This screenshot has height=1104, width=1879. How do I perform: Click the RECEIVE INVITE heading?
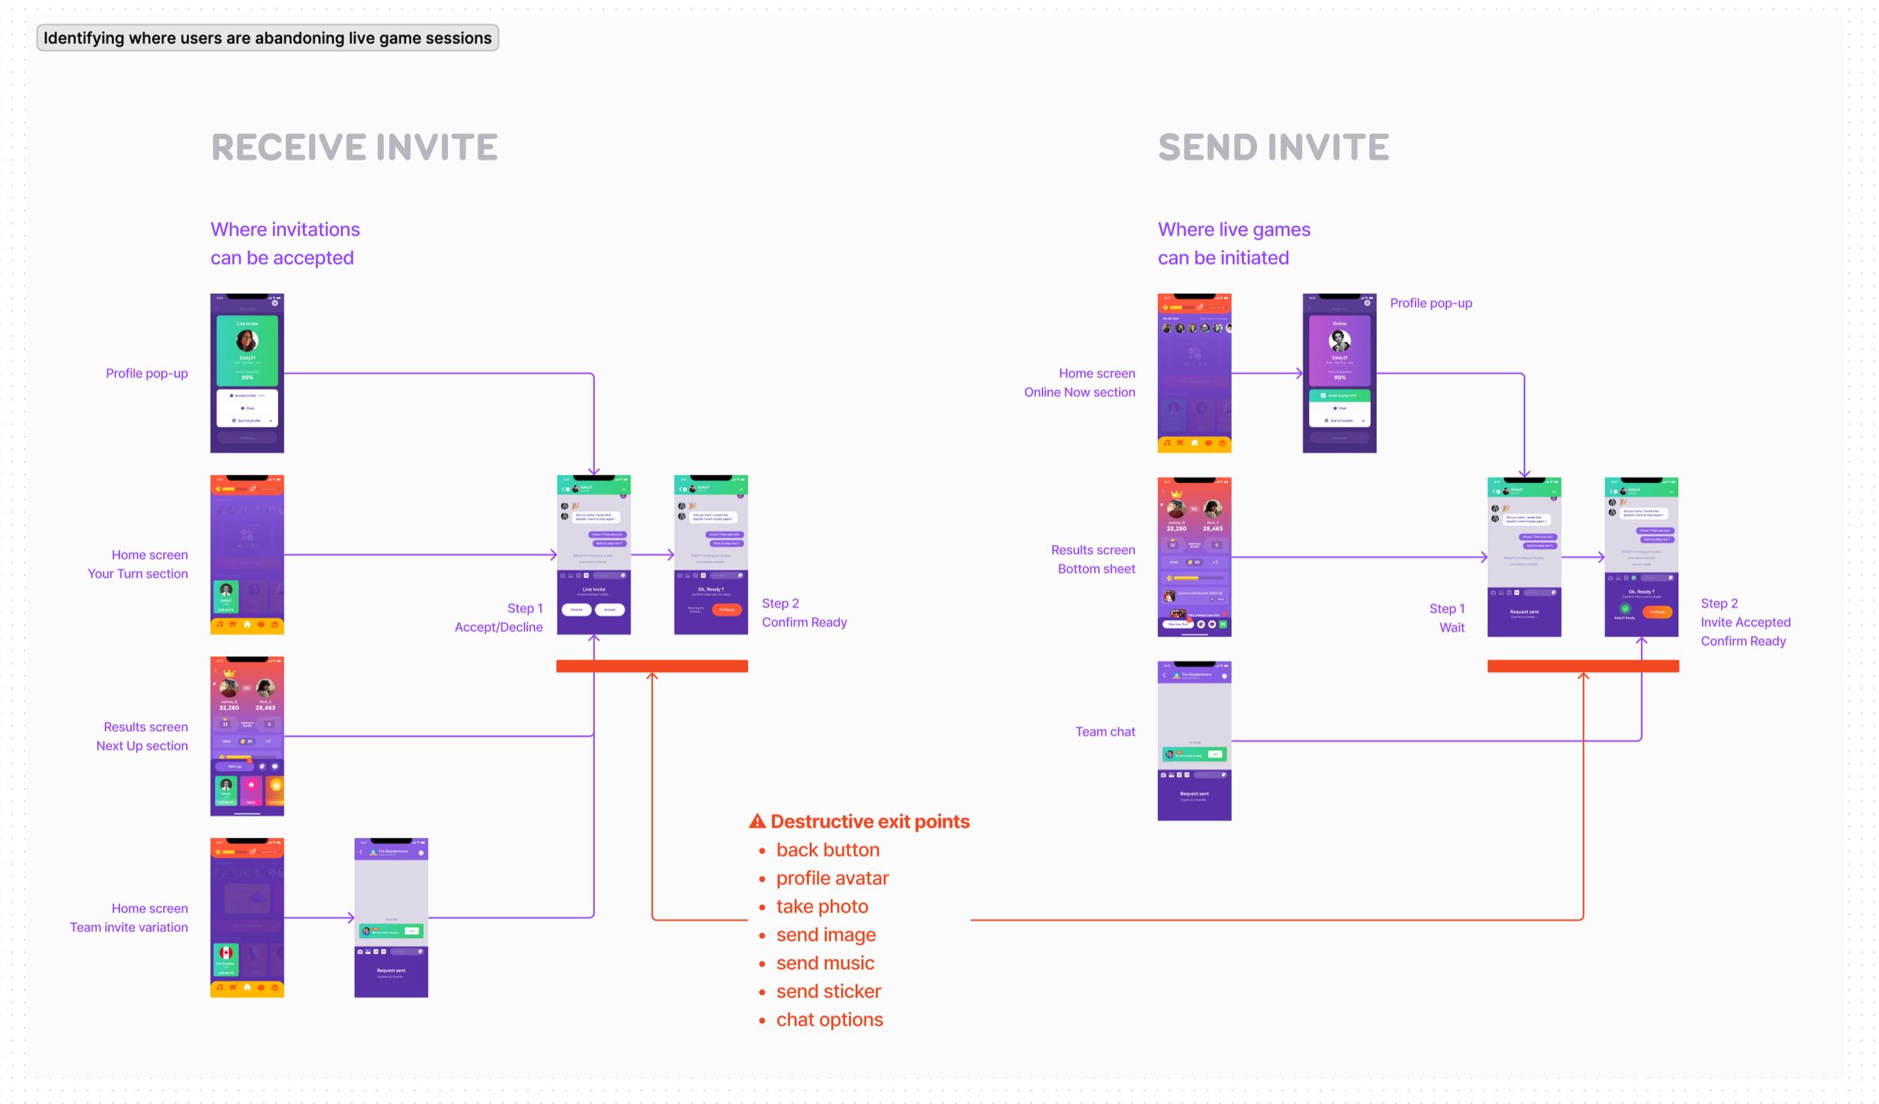click(x=354, y=147)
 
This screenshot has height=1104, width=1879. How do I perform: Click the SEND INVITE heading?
click(x=1273, y=147)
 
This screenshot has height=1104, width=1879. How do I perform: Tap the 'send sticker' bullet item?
click(x=828, y=991)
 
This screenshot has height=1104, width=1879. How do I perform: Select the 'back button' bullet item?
click(x=828, y=850)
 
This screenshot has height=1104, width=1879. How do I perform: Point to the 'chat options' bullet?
click(x=829, y=1020)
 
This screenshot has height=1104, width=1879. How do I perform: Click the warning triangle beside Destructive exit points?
click(x=757, y=821)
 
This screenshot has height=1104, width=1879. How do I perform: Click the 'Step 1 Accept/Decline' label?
click(x=498, y=618)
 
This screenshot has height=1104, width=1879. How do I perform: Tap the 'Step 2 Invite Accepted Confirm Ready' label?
click(x=1744, y=622)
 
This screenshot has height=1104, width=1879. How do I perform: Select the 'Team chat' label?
click(x=1105, y=731)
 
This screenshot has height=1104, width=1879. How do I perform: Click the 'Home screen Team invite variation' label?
click(x=129, y=918)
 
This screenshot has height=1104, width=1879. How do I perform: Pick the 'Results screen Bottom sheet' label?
click(x=1093, y=559)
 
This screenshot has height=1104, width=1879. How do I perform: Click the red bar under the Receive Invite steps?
click(x=652, y=666)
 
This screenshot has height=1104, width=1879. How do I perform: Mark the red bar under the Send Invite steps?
click(x=1583, y=666)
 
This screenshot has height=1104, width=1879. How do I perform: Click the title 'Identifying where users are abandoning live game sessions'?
click(x=268, y=38)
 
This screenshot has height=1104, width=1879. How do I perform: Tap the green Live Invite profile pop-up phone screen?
click(x=247, y=373)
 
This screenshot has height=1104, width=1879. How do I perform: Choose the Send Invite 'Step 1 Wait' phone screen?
click(x=1523, y=557)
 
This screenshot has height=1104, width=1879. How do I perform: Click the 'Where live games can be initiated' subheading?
click(x=1233, y=243)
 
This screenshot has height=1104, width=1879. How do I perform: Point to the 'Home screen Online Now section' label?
click(x=1079, y=383)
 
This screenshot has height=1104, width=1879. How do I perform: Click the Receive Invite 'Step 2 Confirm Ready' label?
click(x=803, y=612)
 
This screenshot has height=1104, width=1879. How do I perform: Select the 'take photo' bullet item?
click(x=821, y=906)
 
